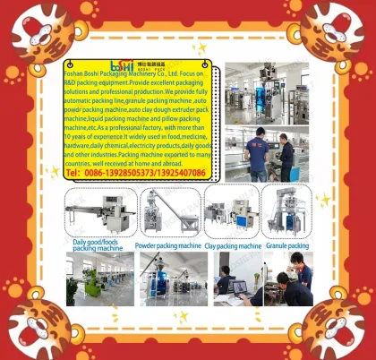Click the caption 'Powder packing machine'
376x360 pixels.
point(167,244)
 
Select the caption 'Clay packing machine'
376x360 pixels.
point(233,244)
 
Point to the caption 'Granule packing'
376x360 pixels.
point(286,244)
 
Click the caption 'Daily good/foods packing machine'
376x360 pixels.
point(97,245)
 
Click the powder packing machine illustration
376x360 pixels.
point(166,213)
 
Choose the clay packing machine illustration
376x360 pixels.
point(232,213)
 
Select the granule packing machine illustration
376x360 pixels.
point(286,211)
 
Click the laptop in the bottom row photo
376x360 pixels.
point(237,288)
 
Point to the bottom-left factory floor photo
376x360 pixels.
point(98,279)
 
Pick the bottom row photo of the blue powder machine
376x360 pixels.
point(170,279)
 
